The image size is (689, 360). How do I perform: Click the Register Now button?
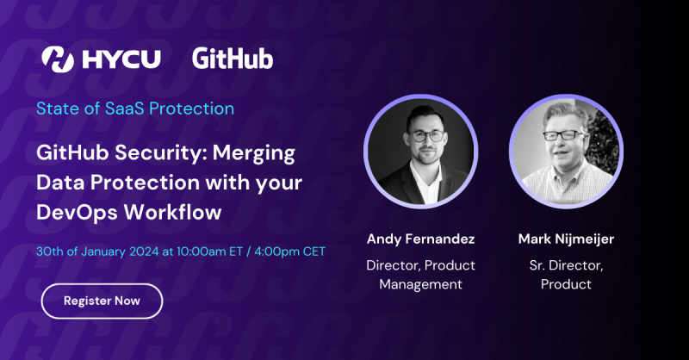[x=102, y=301]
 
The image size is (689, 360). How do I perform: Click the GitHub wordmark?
[x=233, y=59]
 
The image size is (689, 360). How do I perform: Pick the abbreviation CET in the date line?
[x=312, y=251]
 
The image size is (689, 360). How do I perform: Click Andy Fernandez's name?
[x=421, y=238]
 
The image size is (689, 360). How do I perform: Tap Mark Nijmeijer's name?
[x=566, y=238]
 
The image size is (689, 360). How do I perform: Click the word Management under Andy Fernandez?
[x=421, y=283]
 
